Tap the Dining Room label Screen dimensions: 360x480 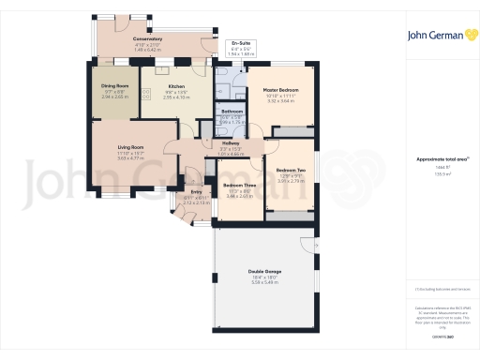(114, 85)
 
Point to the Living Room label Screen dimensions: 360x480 (129, 147)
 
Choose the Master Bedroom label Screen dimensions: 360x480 (280, 89)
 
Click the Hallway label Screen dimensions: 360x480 (231, 143)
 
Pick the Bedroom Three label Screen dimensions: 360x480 (239, 186)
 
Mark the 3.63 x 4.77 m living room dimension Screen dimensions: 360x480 (129, 158)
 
